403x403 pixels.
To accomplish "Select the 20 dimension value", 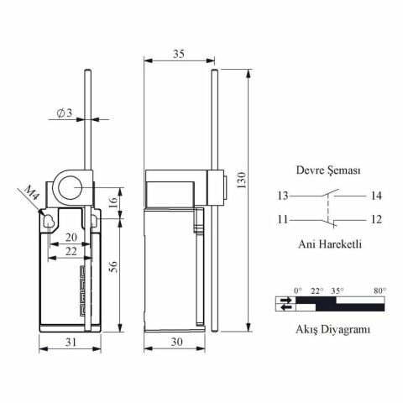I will (72, 238).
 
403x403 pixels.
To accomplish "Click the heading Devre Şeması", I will (328, 170).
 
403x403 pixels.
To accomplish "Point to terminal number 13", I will (282, 196).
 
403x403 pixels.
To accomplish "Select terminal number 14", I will (374, 196).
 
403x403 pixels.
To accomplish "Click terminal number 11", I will (282, 219).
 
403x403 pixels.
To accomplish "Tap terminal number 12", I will (374, 219).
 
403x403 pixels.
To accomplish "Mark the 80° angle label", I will (379, 290).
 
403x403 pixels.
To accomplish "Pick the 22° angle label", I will (317, 290).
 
